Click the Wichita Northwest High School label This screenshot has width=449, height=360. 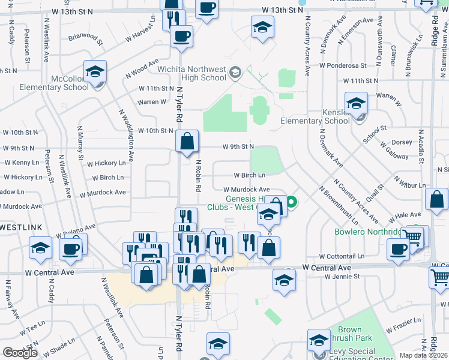(192, 73)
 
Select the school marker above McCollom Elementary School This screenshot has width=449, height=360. (95, 72)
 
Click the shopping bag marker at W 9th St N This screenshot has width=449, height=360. (187, 142)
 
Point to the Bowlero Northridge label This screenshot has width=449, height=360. (367, 232)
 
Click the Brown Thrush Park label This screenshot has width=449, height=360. (349, 334)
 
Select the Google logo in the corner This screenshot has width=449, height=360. (20, 353)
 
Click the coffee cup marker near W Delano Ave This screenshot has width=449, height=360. (71, 247)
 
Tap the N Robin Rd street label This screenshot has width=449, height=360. (198, 175)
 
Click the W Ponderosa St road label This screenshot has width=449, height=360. (343, 65)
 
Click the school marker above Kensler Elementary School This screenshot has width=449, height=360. (356, 104)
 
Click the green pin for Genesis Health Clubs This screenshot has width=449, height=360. (292, 202)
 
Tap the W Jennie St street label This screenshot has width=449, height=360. (342, 277)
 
